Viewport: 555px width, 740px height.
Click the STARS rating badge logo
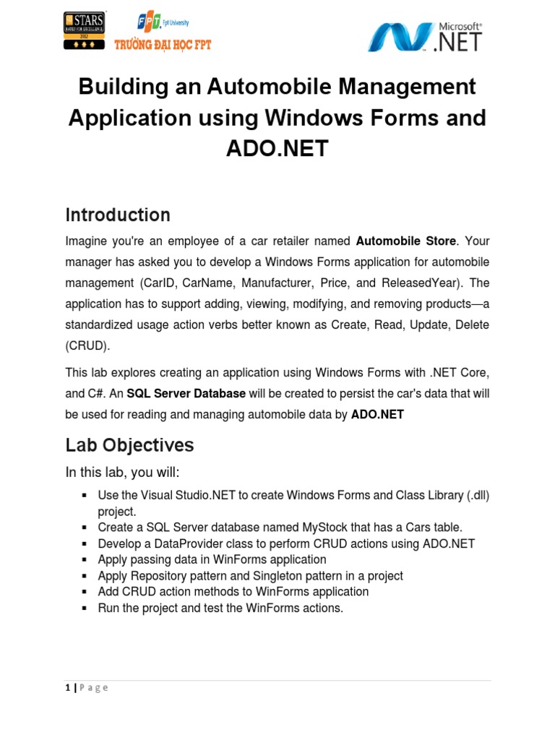[85, 30]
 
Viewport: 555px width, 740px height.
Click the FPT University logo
[161, 23]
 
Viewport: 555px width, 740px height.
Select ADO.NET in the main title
[277, 149]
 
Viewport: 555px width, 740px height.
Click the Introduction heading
[118, 215]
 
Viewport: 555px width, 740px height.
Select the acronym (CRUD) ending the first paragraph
[88, 345]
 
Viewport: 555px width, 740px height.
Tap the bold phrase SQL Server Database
[186, 394]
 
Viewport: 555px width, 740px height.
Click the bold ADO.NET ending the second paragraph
[377, 415]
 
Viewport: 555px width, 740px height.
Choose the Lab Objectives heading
[129, 445]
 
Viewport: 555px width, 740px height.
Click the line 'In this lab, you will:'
[122, 472]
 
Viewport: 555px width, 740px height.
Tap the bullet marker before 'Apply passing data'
[85, 559]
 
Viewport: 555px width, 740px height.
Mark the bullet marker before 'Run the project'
[85, 608]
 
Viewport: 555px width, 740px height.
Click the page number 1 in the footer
[67, 687]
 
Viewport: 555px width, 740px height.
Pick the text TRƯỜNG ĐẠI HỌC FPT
[163, 45]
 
